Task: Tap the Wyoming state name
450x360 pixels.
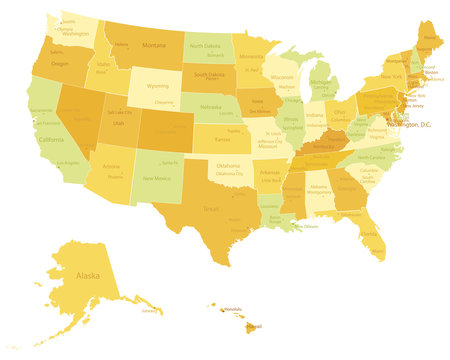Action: [x=158, y=87]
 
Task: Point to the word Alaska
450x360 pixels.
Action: [x=87, y=274]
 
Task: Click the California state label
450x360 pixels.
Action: [x=52, y=140]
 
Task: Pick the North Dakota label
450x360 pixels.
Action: [x=205, y=46]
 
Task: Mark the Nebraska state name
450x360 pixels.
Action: [x=211, y=106]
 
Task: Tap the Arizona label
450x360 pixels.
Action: [x=111, y=167]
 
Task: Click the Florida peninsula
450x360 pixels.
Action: [x=370, y=236]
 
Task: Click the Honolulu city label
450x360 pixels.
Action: [x=232, y=309]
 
